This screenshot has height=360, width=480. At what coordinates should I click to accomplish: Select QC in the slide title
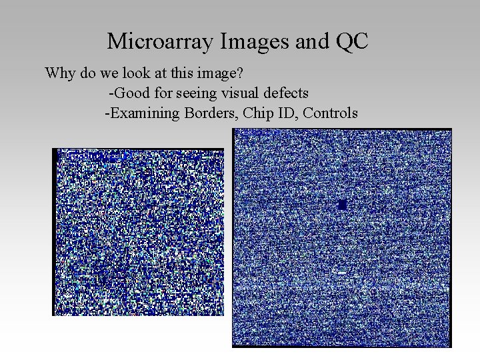coord(351,41)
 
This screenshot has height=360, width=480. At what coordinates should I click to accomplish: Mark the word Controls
coord(330,113)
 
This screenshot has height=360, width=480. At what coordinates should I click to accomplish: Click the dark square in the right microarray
coord(342,205)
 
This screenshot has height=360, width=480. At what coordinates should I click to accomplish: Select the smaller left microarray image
coord(138,231)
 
